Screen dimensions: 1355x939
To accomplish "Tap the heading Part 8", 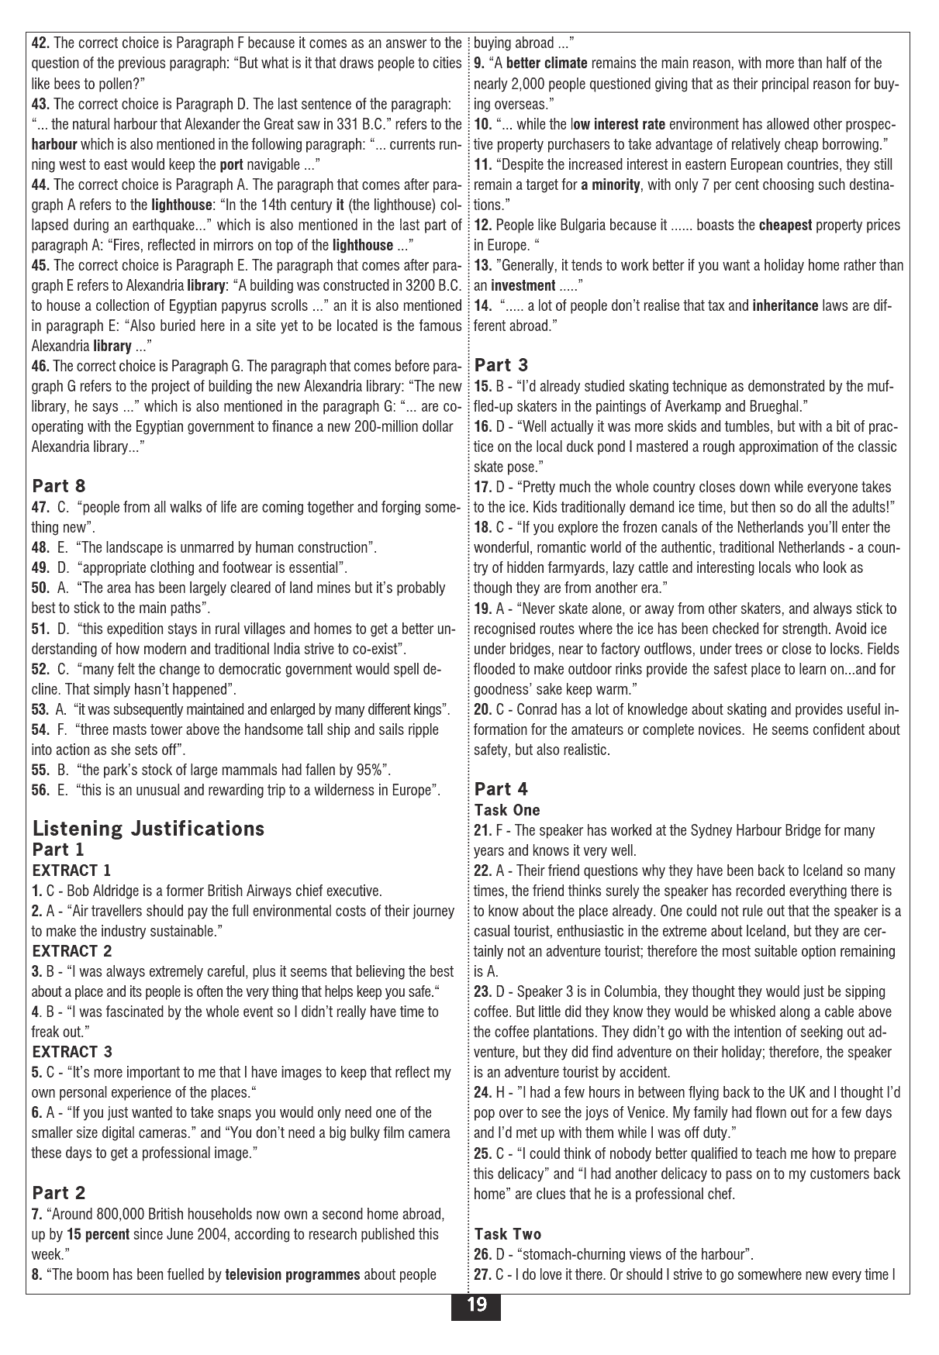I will tap(59, 486).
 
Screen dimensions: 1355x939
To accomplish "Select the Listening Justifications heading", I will tap(148, 829).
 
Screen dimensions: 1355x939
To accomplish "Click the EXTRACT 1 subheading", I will tap(71, 870).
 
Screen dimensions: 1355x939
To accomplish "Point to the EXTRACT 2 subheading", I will tap(72, 950).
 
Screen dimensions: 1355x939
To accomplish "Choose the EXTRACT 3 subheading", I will tap(72, 1051).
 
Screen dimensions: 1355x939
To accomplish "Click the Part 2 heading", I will tap(59, 1192).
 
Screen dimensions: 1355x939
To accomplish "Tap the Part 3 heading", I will tap(501, 364).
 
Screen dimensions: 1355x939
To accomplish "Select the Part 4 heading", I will tap(501, 788).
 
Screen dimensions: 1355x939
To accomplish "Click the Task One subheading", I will tap(507, 810).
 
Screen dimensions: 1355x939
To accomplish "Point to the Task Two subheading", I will tap(508, 1234).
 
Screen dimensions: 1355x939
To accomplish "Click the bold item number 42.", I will tap(40, 43).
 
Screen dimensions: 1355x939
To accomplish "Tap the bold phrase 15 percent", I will tap(98, 1234).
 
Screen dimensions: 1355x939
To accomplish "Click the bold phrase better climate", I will tap(547, 64).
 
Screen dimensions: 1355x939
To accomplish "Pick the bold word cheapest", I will tap(785, 226).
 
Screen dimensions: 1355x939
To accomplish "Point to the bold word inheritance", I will tap(785, 305).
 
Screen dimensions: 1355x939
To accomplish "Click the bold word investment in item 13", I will tap(523, 285).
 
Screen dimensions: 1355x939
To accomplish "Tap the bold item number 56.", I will tap(40, 790).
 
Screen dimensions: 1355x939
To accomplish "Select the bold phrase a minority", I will tap(610, 185).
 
